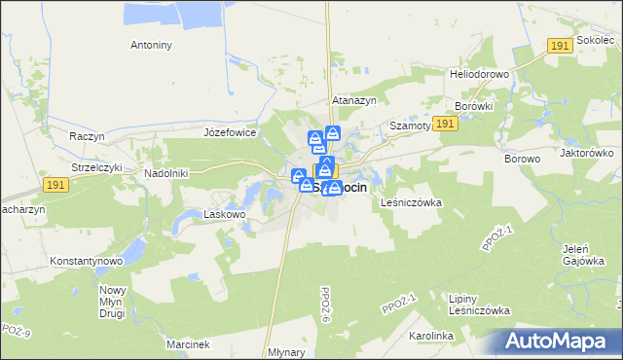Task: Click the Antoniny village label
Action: [151, 45]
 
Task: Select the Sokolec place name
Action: [596, 40]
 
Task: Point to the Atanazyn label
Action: [354, 100]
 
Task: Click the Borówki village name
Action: [475, 106]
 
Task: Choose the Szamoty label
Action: [409, 127]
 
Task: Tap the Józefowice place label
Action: [229, 131]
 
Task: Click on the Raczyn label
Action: [87, 136]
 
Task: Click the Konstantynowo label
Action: [86, 262]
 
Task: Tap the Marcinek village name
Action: [187, 344]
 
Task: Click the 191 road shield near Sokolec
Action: [559, 46]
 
